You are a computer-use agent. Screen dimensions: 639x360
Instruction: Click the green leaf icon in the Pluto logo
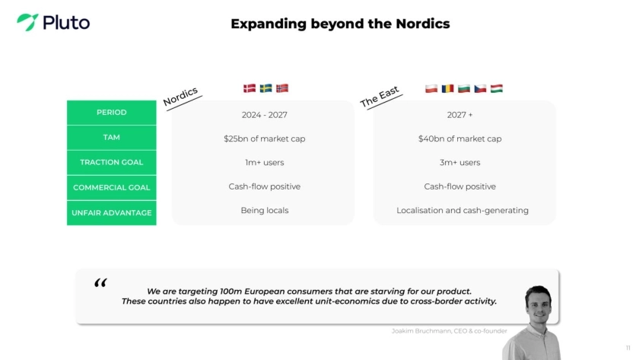click(x=27, y=21)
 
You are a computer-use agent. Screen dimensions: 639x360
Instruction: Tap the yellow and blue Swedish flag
click(x=265, y=88)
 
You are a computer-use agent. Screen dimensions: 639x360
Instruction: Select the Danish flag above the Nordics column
click(x=250, y=88)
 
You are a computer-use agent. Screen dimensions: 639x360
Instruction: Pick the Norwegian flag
click(x=282, y=88)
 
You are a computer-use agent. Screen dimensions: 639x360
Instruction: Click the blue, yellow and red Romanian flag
click(x=447, y=88)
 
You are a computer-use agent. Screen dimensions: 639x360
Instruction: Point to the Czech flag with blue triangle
click(x=480, y=88)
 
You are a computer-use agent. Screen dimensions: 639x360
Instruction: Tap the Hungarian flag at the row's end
click(x=496, y=88)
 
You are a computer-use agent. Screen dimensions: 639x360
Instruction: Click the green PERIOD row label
click(x=112, y=113)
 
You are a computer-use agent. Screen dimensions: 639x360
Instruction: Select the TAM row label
click(x=112, y=138)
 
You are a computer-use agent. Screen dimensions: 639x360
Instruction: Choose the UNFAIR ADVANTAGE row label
click(x=112, y=213)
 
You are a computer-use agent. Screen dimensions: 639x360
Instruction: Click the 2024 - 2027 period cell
click(x=265, y=115)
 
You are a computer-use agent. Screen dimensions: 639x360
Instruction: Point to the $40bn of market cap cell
click(x=459, y=139)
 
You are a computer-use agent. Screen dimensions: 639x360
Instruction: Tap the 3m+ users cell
click(x=459, y=162)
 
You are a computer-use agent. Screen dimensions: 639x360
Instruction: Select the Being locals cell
click(x=265, y=210)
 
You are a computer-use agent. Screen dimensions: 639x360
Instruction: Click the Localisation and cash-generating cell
click(x=463, y=210)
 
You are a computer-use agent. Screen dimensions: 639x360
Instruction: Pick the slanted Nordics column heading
click(x=180, y=97)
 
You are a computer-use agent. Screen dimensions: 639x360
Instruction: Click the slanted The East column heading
click(x=380, y=97)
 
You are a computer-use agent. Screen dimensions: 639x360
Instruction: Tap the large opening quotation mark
click(x=100, y=282)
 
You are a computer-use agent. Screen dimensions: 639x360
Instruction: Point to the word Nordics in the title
click(x=423, y=24)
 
